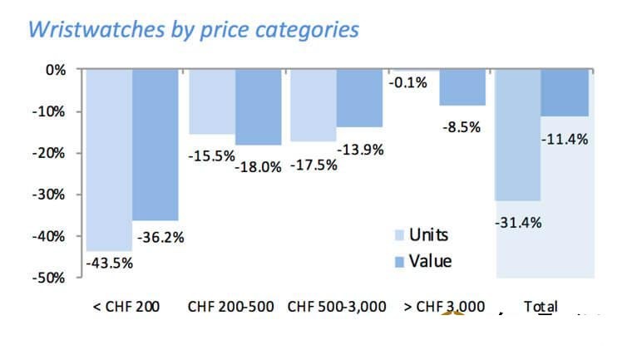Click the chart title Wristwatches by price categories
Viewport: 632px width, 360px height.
(194, 29)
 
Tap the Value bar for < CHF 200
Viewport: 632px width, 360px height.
(156, 145)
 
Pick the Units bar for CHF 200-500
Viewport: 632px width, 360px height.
(211, 101)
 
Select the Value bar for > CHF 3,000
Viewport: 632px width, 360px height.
(462, 87)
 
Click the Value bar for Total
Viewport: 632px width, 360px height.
(565, 93)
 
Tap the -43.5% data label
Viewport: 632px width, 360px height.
(109, 264)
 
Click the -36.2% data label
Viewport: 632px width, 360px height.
(160, 238)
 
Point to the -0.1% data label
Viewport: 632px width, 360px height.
(407, 82)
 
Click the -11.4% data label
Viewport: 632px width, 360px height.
(565, 139)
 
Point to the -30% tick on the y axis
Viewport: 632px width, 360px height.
(52, 195)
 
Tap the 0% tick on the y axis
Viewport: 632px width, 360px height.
(57, 70)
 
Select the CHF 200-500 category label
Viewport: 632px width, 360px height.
(231, 307)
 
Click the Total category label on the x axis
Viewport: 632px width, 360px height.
(541, 307)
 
